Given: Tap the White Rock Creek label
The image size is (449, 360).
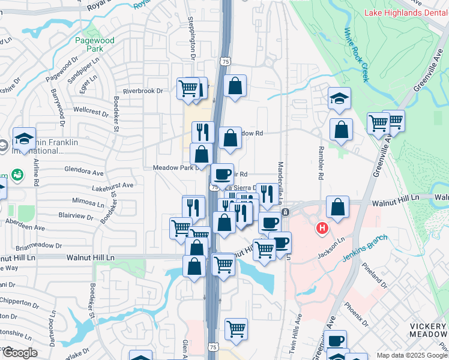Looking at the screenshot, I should coord(356,55).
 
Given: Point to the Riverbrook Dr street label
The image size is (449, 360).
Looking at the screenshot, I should coord(143,91).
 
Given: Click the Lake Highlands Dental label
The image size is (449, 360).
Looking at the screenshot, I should coord(406,13).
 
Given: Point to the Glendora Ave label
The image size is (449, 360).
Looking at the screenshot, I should coord(84,172).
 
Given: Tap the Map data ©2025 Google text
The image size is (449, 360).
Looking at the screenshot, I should coord(412,355).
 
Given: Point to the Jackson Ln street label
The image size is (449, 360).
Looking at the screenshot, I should coord(332,248).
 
